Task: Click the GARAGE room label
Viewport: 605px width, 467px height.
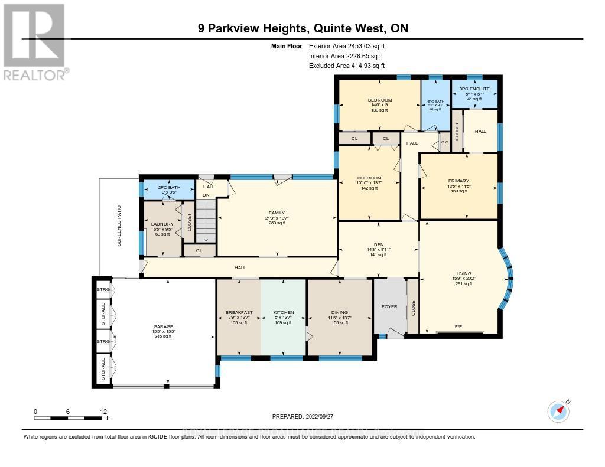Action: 164,326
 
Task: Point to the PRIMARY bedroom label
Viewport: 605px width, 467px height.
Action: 458,181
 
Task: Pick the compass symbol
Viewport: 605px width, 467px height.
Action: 558,411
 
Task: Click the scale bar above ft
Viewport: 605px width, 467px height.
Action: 71,418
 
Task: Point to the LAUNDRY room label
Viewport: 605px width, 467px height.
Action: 162,224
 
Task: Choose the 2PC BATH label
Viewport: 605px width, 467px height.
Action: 168,187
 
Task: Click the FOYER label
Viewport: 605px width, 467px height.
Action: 389,307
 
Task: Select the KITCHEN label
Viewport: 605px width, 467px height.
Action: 283,312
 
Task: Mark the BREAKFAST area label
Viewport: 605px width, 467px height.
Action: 239,312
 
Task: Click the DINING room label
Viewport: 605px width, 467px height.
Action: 340,312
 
